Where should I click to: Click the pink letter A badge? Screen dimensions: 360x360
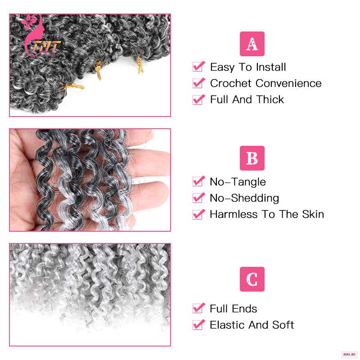(x=252, y=44)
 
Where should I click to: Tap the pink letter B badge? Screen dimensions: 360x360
(x=252, y=158)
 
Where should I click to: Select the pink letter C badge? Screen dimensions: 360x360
(x=252, y=279)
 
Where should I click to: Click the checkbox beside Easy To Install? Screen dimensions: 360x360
(x=198, y=67)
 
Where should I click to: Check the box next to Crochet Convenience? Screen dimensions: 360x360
(x=198, y=83)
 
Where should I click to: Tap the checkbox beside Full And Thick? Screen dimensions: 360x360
(x=198, y=99)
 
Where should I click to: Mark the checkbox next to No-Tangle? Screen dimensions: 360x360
(x=198, y=181)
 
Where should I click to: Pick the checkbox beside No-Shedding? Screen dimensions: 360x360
(x=198, y=198)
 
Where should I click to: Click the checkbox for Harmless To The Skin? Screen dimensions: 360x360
(x=198, y=214)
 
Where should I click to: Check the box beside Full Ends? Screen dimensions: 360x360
(x=198, y=308)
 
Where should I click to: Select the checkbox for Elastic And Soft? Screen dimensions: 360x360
(x=198, y=324)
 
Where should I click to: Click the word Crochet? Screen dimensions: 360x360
(x=231, y=83)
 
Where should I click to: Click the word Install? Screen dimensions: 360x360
(x=271, y=67)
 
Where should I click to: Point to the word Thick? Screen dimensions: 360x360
(x=270, y=99)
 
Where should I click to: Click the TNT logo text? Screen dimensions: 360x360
(x=46, y=47)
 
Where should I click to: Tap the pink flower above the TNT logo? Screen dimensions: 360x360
(x=29, y=22)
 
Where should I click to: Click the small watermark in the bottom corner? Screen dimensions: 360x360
(x=349, y=355)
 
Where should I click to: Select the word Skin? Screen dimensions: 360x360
(x=313, y=214)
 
